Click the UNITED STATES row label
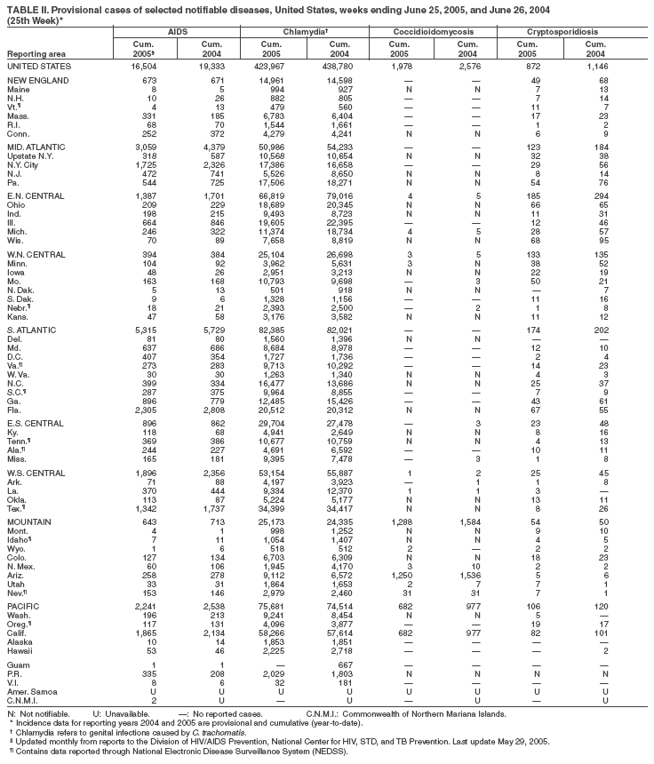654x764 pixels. click(39, 67)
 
